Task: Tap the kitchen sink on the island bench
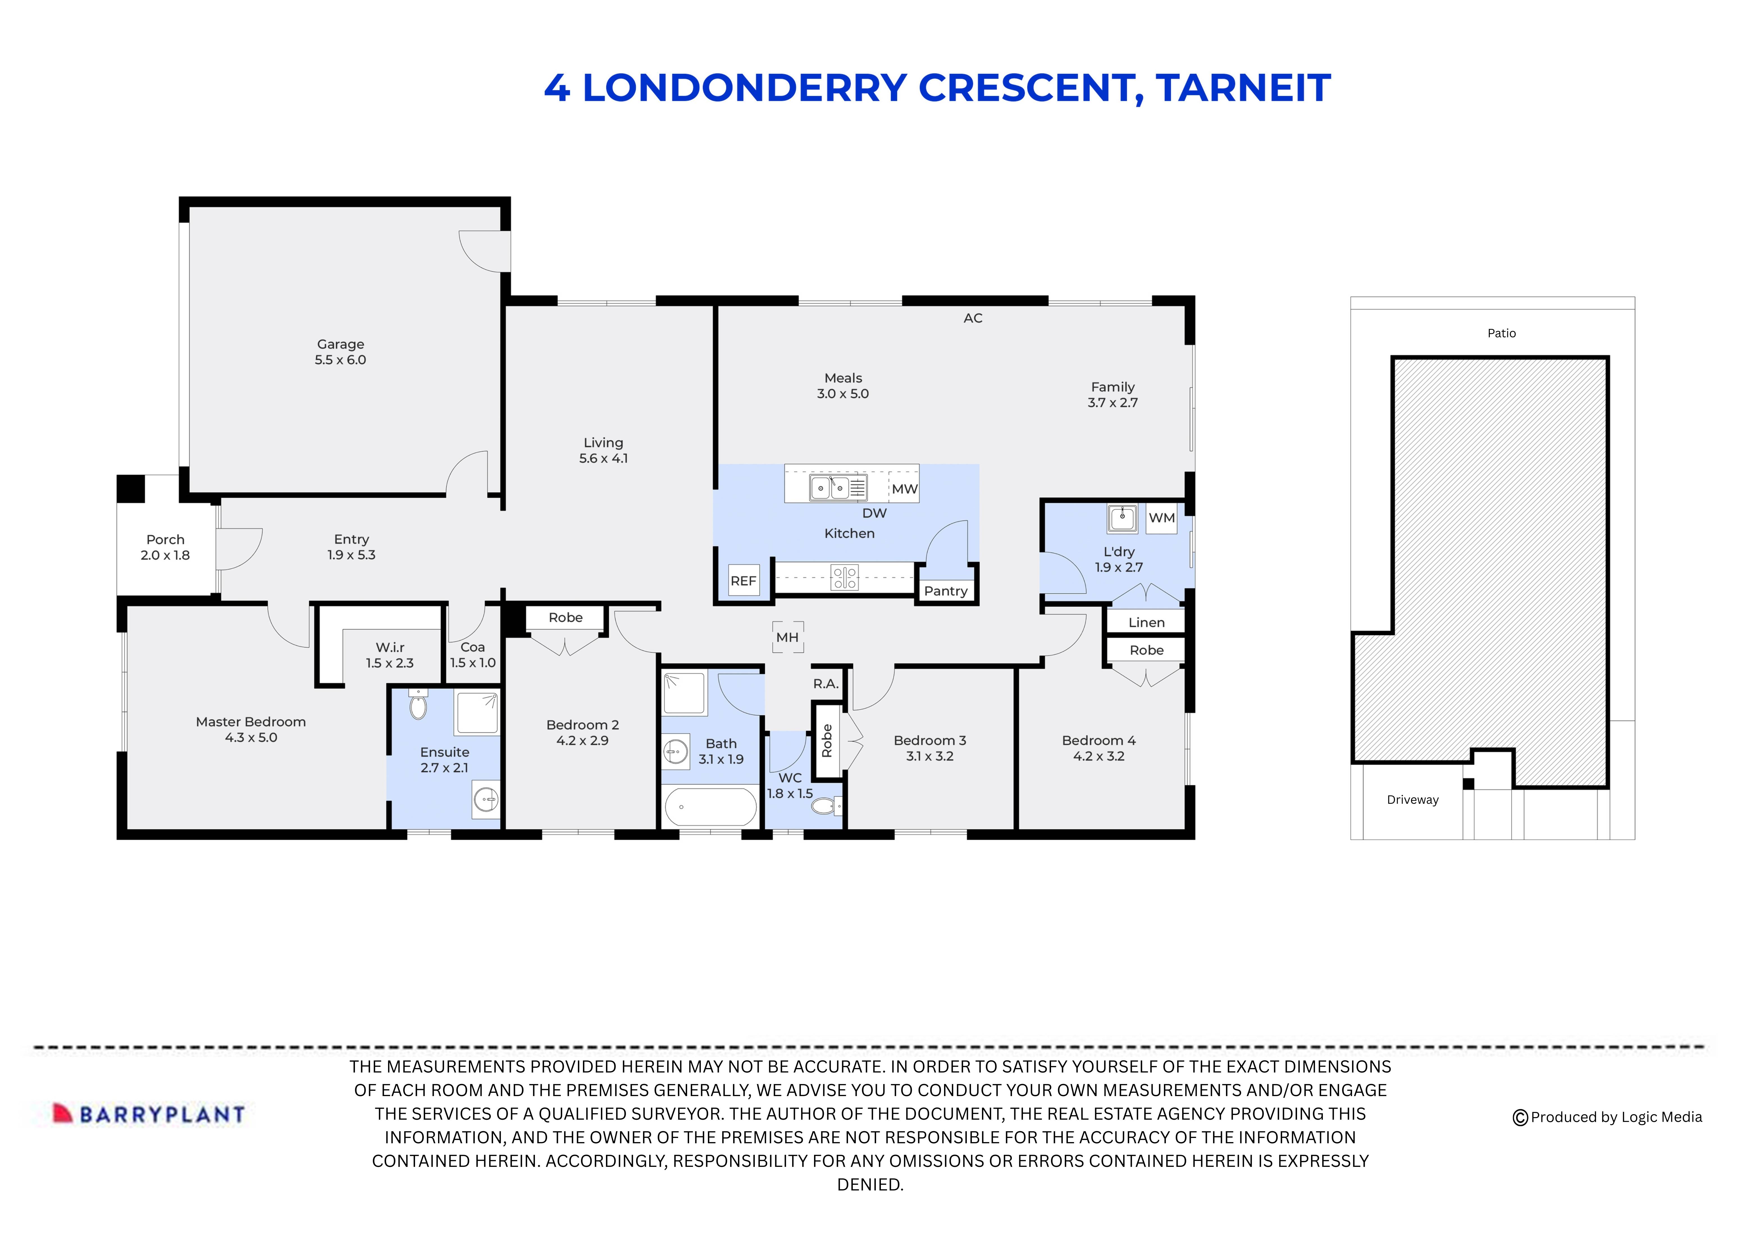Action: [x=829, y=487]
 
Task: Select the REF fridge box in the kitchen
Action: [x=743, y=580]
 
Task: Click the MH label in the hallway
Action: [x=787, y=637]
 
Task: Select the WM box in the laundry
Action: [x=1161, y=518]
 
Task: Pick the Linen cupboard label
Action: [x=1146, y=622]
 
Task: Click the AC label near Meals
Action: [x=972, y=318]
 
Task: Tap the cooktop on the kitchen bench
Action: [x=845, y=577]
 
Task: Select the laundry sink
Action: [x=1121, y=518]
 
